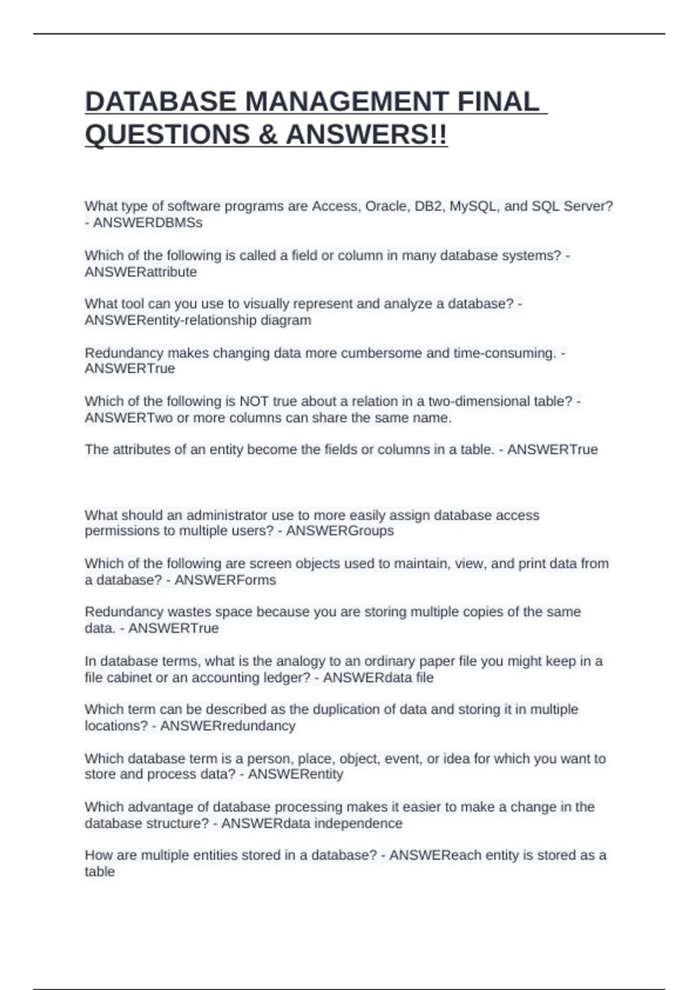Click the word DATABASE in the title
tap(161, 102)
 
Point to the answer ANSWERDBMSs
tap(148, 222)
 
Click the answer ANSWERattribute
tap(141, 272)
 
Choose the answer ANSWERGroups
tap(340, 531)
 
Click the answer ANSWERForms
tap(225, 580)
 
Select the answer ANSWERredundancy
tap(228, 726)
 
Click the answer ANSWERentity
tap(295, 775)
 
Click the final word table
tap(100, 872)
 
